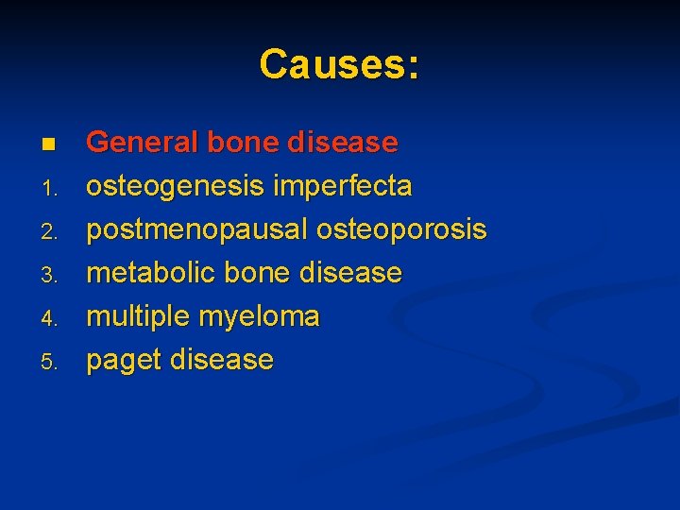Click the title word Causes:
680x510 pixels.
[340, 64]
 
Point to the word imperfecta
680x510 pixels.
[343, 186]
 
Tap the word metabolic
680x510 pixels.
[150, 273]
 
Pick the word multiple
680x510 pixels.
[137, 316]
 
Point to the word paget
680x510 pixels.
[121, 360]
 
